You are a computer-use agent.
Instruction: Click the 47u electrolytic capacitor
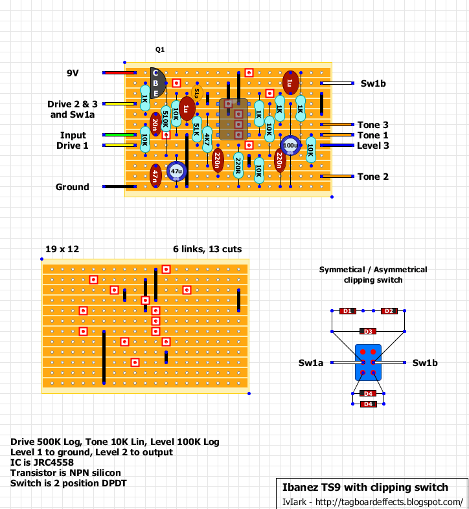click(x=176, y=171)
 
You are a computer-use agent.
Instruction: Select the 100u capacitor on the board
click(x=290, y=145)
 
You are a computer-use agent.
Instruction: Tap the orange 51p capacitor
click(x=197, y=94)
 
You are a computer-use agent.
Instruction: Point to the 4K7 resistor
click(x=207, y=140)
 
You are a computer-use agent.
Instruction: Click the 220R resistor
click(x=238, y=166)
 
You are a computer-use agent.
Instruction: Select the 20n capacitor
click(x=155, y=124)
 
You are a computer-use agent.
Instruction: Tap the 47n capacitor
click(x=155, y=176)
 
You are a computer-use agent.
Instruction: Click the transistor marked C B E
click(x=158, y=83)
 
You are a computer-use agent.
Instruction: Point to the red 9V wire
click(x=119, y=72)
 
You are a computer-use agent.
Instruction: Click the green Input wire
click(x=119, y=135)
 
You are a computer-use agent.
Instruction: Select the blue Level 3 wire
click(x=337, y=145)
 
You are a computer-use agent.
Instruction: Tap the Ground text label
click(x=72, y=187)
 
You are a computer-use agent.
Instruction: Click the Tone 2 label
click(x=372, y=177)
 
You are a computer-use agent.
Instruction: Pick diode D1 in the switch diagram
click(x=347, y=311)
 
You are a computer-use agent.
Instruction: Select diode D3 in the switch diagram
click(x=368, y=331)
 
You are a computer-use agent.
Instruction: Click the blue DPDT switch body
click(x=368, y=362)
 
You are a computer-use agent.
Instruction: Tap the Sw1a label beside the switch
click(x=310, y=363)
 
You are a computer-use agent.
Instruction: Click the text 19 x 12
click(x=62, y=249)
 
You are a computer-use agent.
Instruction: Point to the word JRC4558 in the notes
click(x=54, y=462)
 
